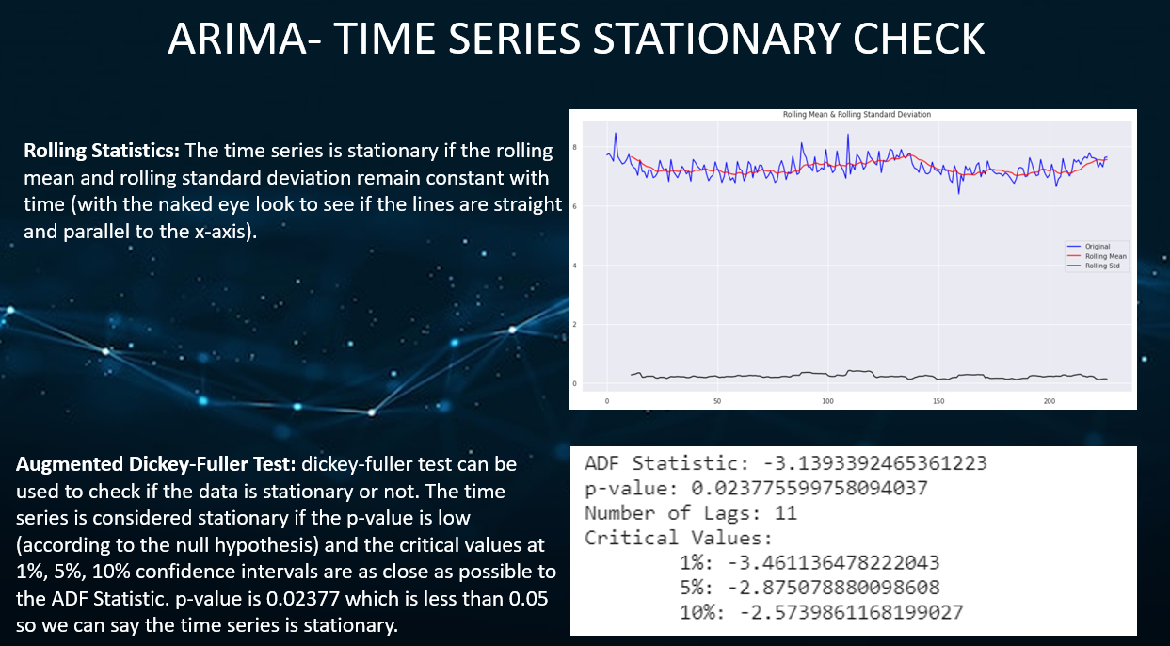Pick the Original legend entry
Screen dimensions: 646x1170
[1098, 247]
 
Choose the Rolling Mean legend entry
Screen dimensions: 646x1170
[1104, 256]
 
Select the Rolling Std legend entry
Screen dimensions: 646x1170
[1101, 266]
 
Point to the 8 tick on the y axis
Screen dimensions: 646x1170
[574, 147]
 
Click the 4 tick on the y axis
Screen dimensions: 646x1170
[574, 266]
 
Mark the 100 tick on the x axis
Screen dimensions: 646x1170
[828, 401]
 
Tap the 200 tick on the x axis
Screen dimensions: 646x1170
[1050, 401]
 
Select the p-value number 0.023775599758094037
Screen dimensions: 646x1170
[815, 489]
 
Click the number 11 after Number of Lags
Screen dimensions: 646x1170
[786, 513]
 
